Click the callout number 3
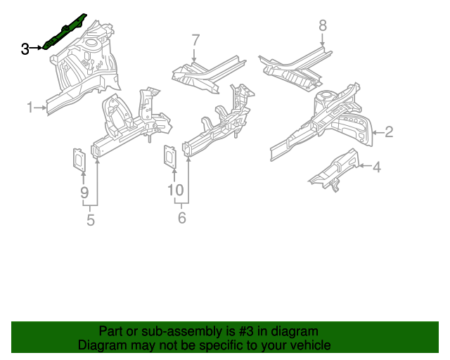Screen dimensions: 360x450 (x=25, y=49)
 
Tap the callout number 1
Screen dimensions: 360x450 (x=30, y=108)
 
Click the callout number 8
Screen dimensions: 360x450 (x=323, y=26)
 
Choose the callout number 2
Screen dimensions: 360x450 (x=388, y=131)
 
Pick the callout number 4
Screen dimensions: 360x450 (x=377, y=167)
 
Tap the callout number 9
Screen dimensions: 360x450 (x=84, y=191)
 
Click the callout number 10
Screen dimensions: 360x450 (x=175, y=190)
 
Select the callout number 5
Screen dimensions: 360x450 (x=91, y=221)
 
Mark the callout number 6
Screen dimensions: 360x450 (x=181, y=219)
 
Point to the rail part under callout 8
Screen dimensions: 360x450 (x=295, y=70)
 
